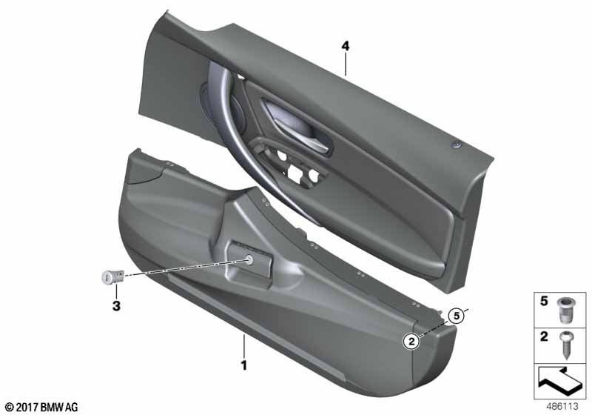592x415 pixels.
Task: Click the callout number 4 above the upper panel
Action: click(x=345, y=47)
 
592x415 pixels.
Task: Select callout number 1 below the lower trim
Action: click(x=244, y=365)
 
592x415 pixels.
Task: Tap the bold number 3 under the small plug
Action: click(x=116, y=305)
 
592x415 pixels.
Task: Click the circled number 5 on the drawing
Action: click(x=457, y=315)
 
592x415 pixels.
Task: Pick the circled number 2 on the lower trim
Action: click(x=411, y=342)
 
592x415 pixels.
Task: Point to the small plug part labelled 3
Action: click(x=113, y=277)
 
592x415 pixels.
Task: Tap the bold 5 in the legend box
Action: click(x=544, y=301)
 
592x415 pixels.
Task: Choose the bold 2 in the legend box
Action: click(x=544, y=336)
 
